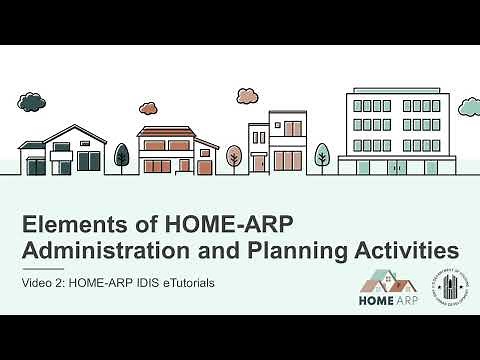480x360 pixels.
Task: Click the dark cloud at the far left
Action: click(33, 101)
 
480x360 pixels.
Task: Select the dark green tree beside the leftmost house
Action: click(121, 155)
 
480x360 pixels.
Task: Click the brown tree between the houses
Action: click(234, 156)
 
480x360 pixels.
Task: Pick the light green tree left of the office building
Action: click(322, 155)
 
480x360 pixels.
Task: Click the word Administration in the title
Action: click(105, 248)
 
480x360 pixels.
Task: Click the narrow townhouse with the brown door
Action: click(259, 150)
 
